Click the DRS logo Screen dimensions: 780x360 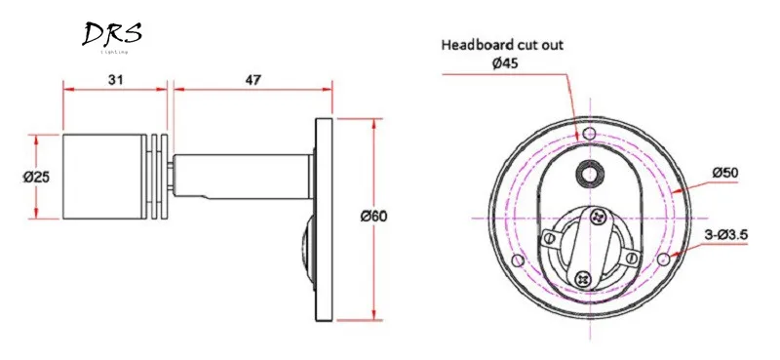[112, 36]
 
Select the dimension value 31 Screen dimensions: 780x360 [116, 79]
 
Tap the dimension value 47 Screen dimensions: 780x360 [253, 79]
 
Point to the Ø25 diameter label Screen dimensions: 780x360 [36, 177]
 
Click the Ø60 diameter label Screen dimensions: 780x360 [374, 217]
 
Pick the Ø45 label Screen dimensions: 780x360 [503, 63]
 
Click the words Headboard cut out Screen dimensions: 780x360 [502, 45]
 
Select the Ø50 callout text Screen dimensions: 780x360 [725, 173]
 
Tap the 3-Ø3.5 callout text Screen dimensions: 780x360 [726, 235]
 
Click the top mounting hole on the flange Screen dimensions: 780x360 [590, 134]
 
